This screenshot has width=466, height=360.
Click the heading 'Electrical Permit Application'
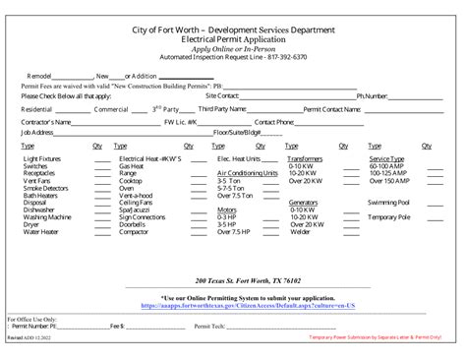(x=232, y=43)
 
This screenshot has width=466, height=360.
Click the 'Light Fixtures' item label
(x=42, y=158)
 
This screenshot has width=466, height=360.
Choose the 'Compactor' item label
(x=134, y=232)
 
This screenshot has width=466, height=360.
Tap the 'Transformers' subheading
(x=305, y=158)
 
